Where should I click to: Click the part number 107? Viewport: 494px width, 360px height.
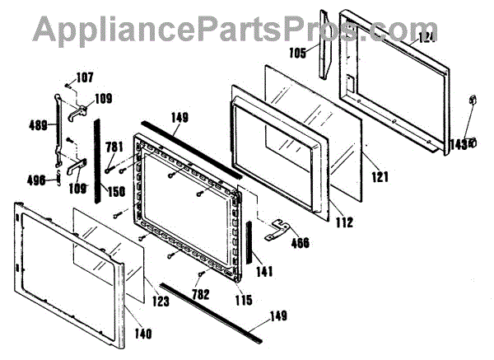point(85,79)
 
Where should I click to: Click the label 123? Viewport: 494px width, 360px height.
point(161,302)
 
